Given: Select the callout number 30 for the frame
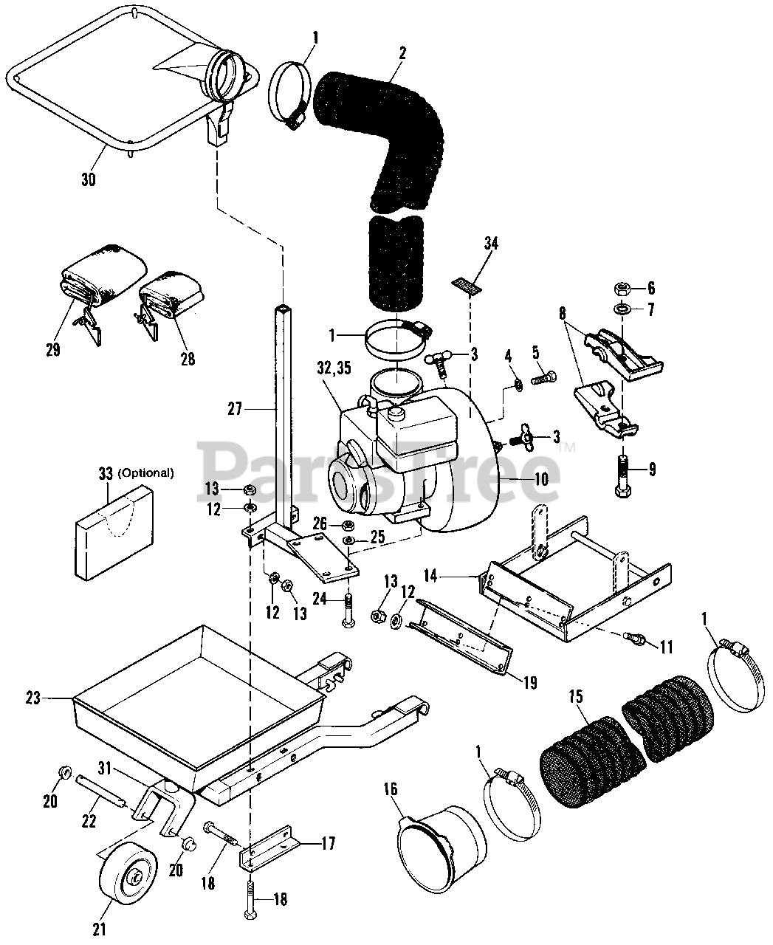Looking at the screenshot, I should (x=88, y=179).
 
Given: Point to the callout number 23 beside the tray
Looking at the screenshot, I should (x=52, y=696).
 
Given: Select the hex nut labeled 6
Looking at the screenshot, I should (x=621, y=287).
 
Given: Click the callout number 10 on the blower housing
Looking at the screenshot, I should (x=541, y=478).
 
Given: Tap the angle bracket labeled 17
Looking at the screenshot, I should (x=272, y=848).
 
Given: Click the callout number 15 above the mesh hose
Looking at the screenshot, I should (x=577, y=695).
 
